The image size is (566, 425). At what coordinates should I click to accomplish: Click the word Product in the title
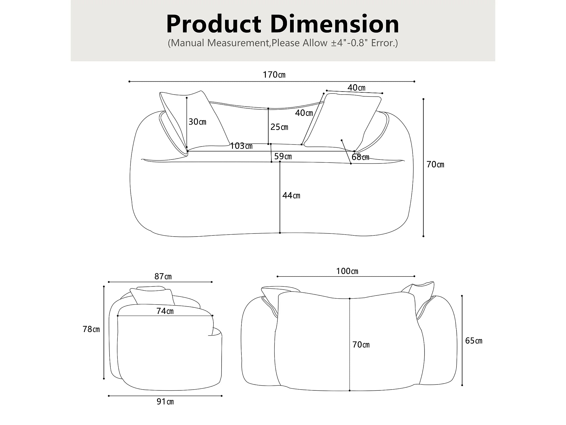click(214, 25)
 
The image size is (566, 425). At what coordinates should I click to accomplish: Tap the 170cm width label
click(274, 75)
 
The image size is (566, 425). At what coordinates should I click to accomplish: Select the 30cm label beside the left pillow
click(198, 122)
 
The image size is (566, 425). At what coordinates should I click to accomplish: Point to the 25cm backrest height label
click(279, 127)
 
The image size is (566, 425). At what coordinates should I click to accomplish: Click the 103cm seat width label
click(241, 146)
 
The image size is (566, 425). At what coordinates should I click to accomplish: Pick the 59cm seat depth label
click(283, 156)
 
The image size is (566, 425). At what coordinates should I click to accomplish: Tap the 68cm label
click(360, 157)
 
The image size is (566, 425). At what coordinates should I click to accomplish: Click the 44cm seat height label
click(291, 195)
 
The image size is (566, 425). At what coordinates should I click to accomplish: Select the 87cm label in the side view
click(163, 276)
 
